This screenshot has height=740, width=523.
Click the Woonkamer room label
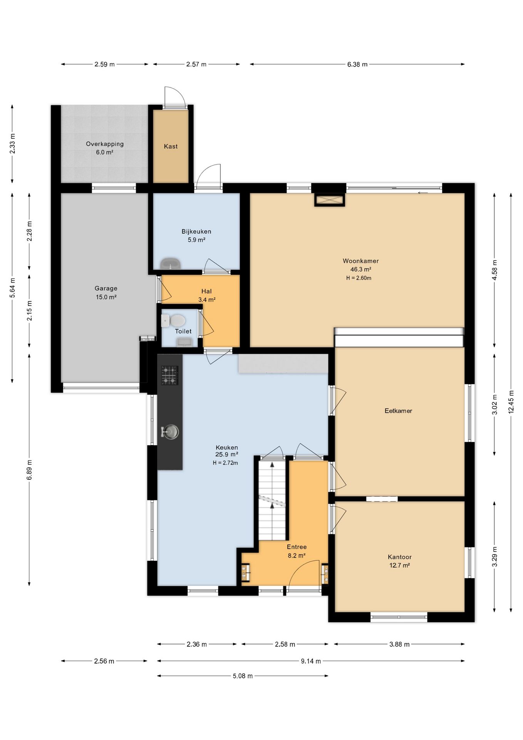pos(360,261)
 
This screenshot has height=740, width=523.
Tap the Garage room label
pos(106,288)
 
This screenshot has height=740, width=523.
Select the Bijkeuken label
pos(196,232)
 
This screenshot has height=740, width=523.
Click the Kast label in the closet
pos(171,146)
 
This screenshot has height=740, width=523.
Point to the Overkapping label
pos(105,144)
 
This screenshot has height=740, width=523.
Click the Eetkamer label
pos(398,411)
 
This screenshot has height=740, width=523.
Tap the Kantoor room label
pos(400,557)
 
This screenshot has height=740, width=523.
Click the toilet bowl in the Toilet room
pos(177,321)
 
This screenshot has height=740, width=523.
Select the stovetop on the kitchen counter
pos(169,375)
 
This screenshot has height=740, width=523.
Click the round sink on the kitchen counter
pos(171,432)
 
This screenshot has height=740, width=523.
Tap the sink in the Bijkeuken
pos(170,264)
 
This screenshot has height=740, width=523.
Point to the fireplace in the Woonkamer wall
pos(329,200)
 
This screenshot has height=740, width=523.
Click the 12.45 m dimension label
pos(511,402)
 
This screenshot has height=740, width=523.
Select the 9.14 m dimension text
pos(311,661)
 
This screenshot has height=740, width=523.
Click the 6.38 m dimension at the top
pos(357,64)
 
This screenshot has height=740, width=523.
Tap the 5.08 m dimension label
pos(243,676)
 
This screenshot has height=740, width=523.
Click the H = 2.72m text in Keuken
pos(225,463)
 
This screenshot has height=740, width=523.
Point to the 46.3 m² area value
pos(360,269)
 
